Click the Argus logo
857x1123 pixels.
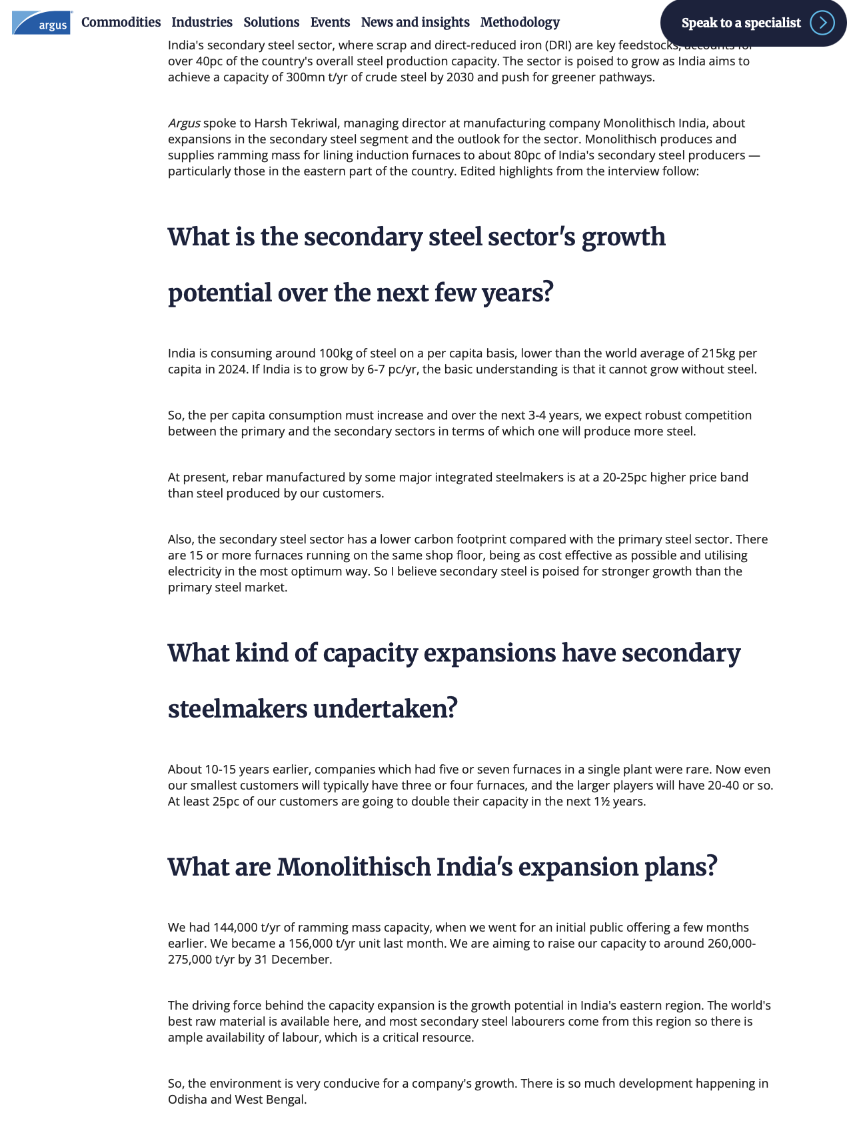click(41, 23)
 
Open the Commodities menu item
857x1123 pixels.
click(121, 23)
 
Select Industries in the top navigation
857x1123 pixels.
click(202, 23)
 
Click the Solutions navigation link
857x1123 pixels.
click(271, 23)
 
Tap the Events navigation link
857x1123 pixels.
click(330, 23)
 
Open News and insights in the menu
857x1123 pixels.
click(415, 23)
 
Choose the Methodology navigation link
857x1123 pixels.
click(520, 23)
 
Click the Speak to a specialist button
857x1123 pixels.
click(741, 23)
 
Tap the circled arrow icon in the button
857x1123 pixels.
click(822, 23)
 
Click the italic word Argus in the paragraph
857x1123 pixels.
click(184, 123)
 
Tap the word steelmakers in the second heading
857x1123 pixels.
click(237, 709)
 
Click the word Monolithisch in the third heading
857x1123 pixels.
click(354, 868)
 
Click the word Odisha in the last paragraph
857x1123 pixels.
click(187, 1100)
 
